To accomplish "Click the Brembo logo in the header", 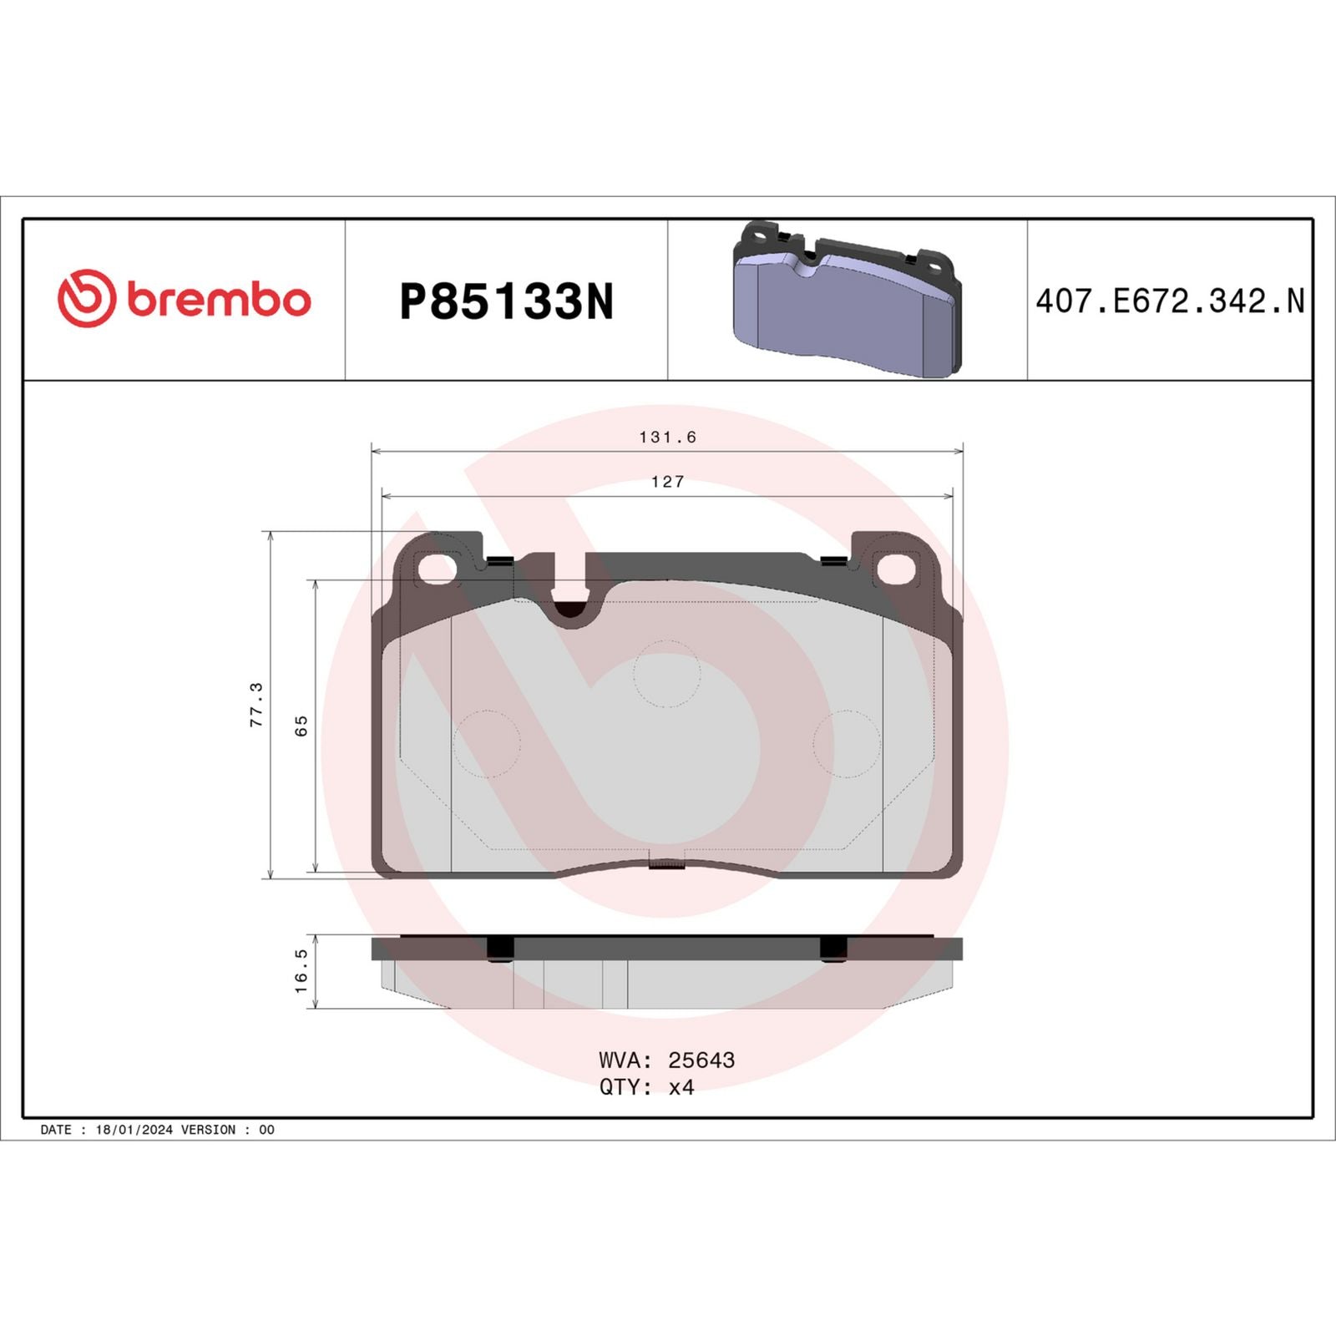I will (x=184, y=299).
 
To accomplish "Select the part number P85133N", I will (x=506, y=301).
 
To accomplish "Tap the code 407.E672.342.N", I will (x=1169, y=301).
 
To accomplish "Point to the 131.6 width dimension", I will (x=667, y=437).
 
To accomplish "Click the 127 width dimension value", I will (x=667, y=482).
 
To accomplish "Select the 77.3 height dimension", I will (x=256, y=704).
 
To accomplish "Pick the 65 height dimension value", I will (x=301, y=725).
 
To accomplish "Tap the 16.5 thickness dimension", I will (x=301, y=970).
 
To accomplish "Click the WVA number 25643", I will (x=701, y=1060).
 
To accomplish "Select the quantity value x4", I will (x=681, y=1086).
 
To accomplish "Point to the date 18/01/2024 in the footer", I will (x=134, y=1129).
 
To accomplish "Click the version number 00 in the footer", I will (x=266, y=1129).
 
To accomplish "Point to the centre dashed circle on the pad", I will (x=666, y=673).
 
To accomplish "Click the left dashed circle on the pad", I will (x=487, y=743).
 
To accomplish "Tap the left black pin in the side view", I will (x=500, y=949).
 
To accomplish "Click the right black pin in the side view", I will (x=833, y=949).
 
